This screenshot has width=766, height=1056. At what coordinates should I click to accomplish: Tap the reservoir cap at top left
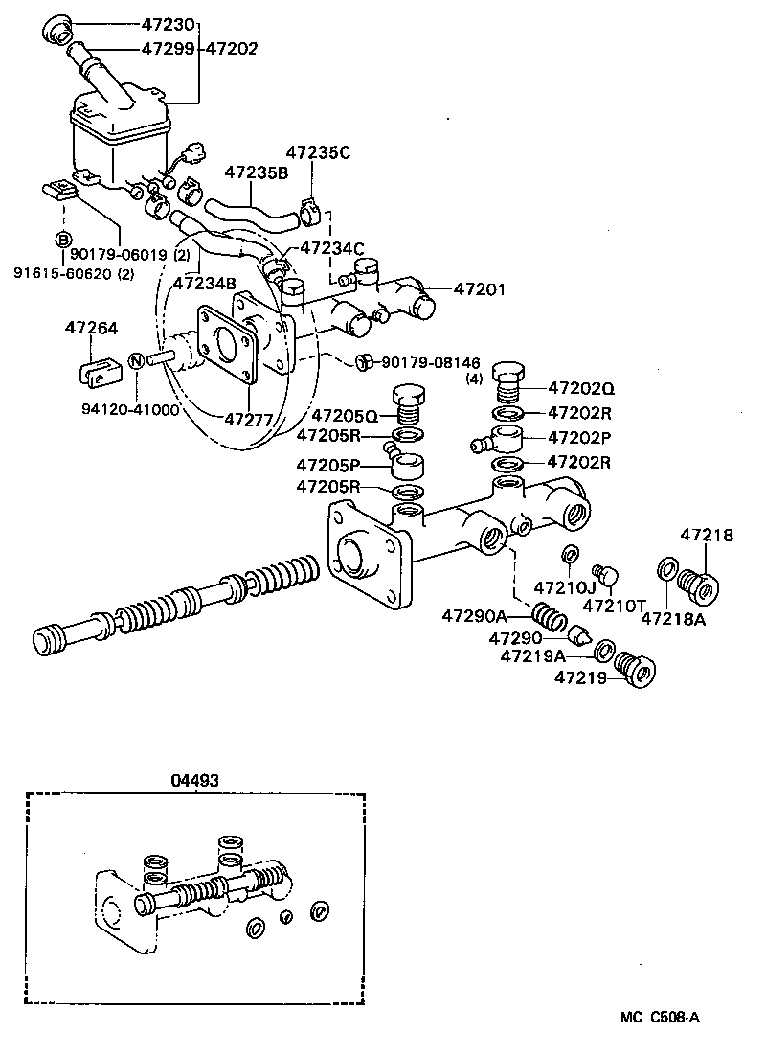[x=58, y=29]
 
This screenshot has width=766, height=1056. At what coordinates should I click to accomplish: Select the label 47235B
[x=257, y=172]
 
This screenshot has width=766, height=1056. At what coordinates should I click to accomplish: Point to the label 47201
[x=480, y=289]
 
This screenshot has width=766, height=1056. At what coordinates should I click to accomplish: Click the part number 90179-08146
[x=430, y=362]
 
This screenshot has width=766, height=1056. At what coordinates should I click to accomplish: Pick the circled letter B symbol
[x=62, y=239]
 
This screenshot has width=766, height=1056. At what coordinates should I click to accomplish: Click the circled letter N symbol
[x=136, y=361]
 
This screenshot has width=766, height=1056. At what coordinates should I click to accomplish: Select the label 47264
[x=92, y=329]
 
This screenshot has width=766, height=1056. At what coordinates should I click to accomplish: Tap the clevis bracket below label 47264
[x=95, y=371]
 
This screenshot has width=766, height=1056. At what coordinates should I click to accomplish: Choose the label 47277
[x=251, y=419]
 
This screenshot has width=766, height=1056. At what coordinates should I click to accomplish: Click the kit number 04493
[x=195, y=780]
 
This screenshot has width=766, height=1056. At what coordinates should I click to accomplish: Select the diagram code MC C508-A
[x=659, y=1018]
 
